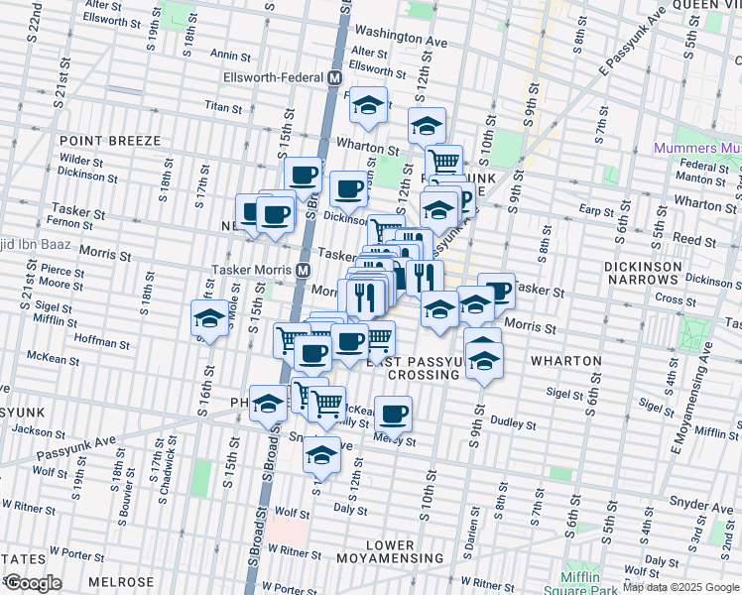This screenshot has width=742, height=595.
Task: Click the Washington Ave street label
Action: (401, 38)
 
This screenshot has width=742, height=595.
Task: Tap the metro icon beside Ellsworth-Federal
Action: (334, 77)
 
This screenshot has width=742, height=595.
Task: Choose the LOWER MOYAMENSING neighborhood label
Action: (390, 553)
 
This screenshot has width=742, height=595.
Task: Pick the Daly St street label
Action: (350, 507)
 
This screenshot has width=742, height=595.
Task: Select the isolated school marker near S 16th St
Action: (208, 318)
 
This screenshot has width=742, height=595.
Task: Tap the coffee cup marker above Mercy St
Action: (394, 413)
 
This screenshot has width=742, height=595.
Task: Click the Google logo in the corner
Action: (33, 583)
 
